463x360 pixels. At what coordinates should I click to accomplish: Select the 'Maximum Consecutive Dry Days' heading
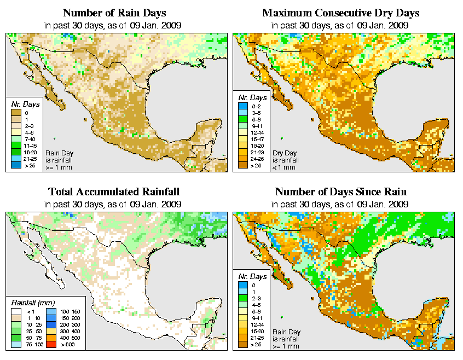[x=340, y=13]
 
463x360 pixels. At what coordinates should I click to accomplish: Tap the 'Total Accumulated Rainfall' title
[x=113, y=192]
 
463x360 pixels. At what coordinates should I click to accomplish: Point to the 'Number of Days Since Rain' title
[x=340, y=192]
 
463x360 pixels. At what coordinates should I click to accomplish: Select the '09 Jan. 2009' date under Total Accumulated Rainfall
[x=159, y=204]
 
